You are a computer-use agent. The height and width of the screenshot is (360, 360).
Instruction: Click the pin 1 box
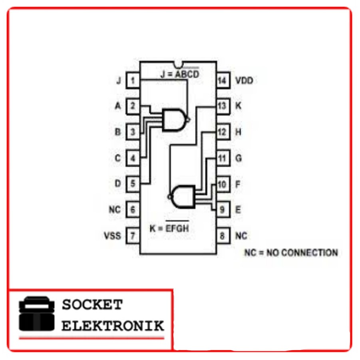click(x=133, y=80)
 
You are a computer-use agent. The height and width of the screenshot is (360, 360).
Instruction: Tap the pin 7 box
click(x=133, y=236)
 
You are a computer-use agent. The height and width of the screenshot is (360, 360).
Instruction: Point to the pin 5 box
click(x=133, y=184)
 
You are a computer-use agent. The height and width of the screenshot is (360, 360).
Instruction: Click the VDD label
click(x=244, y=81)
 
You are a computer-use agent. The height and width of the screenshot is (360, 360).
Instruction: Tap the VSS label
click(x=112, y=236)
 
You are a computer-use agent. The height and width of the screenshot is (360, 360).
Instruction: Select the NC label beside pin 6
click(x=115, y=210)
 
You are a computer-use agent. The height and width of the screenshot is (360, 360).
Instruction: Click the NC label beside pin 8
click(x=241, y=236)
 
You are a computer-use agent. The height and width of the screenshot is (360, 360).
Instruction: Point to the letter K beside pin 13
click(x=238, y=106)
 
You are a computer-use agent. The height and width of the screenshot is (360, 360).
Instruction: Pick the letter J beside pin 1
click(x=119, y=81)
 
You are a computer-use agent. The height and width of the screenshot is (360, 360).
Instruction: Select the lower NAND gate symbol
click(x=182, y=197)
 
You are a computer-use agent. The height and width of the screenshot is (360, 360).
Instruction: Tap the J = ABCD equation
click(x=179, y=74)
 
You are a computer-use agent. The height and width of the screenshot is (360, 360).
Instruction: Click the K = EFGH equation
click(x=169, y=227)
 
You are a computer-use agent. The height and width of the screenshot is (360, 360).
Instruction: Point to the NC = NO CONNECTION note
click(x=291, y=253)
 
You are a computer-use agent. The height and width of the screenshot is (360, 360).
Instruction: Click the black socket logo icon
click(x=37, y=314)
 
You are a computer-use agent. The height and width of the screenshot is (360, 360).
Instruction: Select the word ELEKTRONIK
click(x=113, y=326)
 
